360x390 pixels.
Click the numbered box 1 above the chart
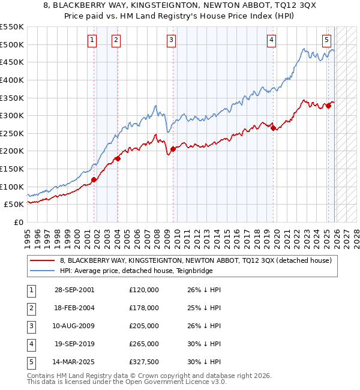coord(92,40)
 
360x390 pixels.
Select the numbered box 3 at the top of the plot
coord(171,40)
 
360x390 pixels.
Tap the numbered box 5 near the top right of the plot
coord(326,40)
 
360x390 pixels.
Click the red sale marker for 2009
coord(173,149)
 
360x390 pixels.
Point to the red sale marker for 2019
coord(273,128)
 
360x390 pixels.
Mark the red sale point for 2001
coord(94,179)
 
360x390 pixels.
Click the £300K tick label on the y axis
coord(12,115)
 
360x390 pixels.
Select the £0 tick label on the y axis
coord(18,222)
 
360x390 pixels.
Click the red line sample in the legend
coord(42,260)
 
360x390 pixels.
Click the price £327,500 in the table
coord(144,362)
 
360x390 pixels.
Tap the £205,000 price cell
coord(144,326)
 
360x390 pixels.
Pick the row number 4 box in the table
coord(31,344)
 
